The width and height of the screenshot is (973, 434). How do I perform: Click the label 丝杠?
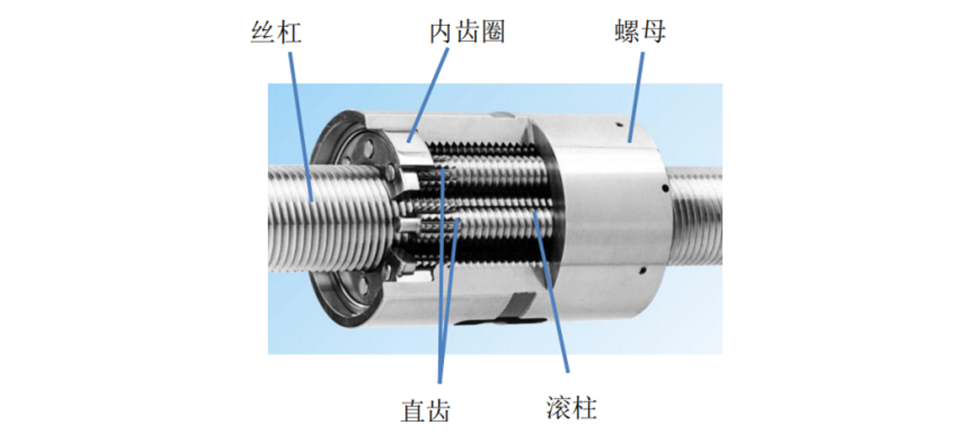(276, 33)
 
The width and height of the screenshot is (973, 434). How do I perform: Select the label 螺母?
(640, 31)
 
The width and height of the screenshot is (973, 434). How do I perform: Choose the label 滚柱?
(572, 407)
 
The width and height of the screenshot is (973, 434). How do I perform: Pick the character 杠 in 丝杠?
(290, 33)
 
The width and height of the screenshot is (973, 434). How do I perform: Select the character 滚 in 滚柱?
(559, 407)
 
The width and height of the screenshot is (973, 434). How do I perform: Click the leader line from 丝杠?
(301, 127)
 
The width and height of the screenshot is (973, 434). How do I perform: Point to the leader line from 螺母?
(636, 97)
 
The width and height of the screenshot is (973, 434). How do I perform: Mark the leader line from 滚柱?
(551, 291)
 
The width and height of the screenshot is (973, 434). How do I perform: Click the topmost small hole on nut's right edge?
(620, 126)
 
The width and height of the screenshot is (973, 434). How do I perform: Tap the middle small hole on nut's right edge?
(665, 189)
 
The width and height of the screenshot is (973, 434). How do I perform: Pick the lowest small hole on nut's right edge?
(643, 271)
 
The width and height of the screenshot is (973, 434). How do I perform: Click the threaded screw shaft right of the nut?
(696, 213)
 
